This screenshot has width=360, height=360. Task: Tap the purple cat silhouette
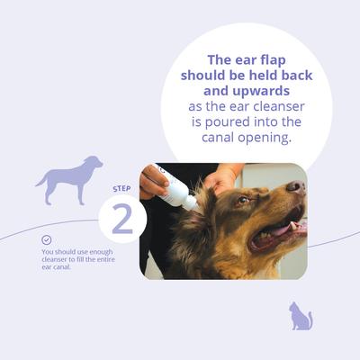click(x=300, y=317)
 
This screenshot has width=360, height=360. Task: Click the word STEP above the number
click(x=121, y=188)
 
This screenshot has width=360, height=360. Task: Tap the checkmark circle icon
click(x=47, y=240)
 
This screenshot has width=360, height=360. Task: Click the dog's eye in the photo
click(x=243, y=201)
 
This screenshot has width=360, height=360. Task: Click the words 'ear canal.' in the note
click(x=57, y=268)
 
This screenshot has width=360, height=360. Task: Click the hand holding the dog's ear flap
click(x=220, y=178)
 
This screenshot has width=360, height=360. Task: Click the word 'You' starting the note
click(x=48, y=253)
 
